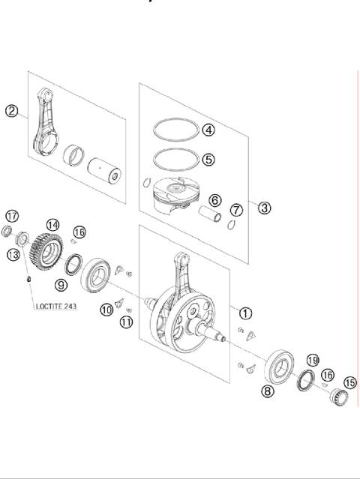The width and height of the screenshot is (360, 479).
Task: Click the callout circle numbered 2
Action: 12,111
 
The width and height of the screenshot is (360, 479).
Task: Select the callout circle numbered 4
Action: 208,130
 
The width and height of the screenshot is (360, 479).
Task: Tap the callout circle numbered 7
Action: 235,209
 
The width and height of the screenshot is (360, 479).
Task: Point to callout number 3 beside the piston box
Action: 264,208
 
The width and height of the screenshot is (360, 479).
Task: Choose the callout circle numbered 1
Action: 246,313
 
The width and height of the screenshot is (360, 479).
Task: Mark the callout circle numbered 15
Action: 349,383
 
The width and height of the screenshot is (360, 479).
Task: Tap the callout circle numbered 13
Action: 13,255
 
